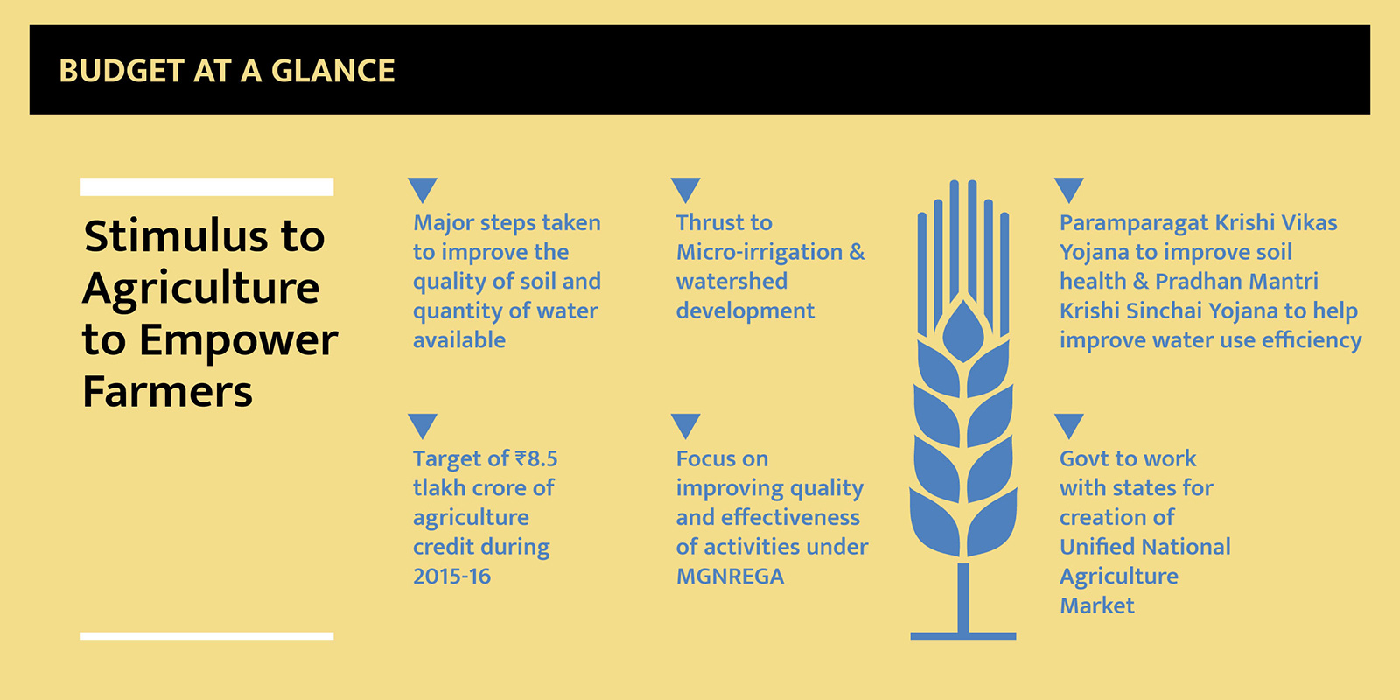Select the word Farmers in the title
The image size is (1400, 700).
[167, 392]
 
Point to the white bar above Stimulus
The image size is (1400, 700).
[206, 187]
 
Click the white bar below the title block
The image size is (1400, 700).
[206, 636]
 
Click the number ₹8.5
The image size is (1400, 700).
[536, 458]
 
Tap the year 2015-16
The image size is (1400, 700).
[451, 577]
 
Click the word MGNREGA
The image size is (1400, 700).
[730, 577]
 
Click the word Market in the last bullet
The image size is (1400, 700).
[1097, 605]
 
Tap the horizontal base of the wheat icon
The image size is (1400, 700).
[963, 635]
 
